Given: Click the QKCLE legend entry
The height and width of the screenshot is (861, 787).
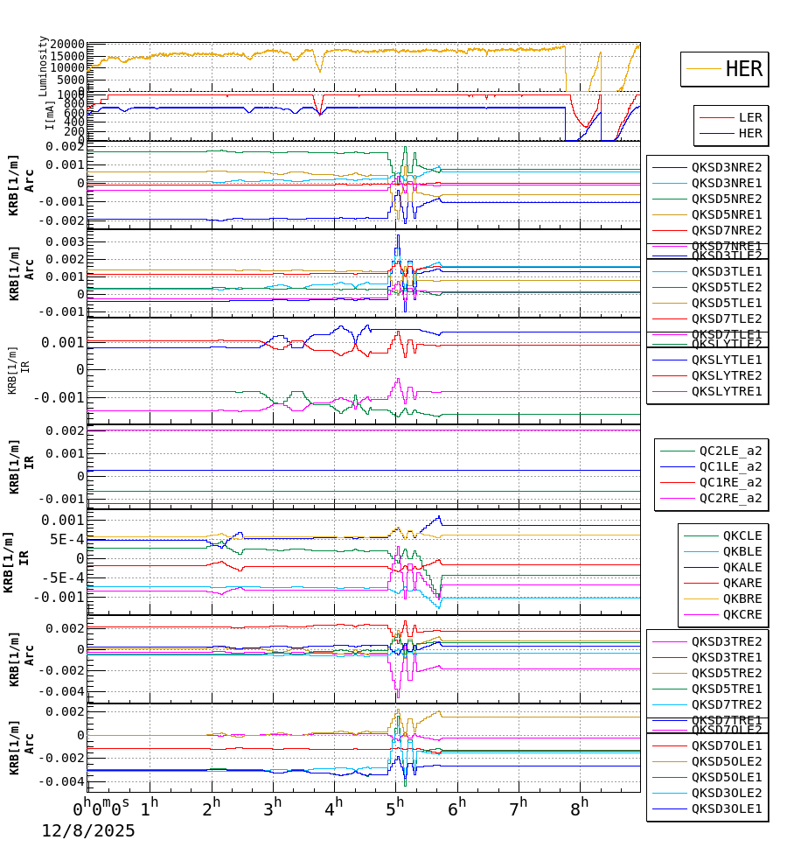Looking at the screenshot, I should pos(742,535).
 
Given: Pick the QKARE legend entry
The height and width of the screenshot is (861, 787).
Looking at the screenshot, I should pos(742,583).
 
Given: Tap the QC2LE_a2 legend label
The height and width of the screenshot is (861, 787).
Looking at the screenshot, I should pos(729,451).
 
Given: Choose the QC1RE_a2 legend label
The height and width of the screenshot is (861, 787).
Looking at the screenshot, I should pos(729,482).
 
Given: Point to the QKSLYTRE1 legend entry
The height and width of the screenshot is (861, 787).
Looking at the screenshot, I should pos(726,391).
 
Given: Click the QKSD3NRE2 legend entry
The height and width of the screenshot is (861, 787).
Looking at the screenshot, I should pos(726,167).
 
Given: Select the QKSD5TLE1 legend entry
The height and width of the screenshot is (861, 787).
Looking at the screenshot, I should pos(726,303).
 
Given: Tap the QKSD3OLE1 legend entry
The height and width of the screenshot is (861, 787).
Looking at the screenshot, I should pos(726,808).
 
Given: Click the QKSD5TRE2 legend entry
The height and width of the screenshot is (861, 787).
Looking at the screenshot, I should pos(726,673).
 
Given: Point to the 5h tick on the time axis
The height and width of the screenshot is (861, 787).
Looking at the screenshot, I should pos(399,802).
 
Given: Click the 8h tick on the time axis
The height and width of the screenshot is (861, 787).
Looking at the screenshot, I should pos(579,802).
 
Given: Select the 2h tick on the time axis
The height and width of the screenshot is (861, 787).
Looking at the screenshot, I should pos(211,802).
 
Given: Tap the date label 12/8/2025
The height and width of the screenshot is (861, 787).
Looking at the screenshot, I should pos(88,831).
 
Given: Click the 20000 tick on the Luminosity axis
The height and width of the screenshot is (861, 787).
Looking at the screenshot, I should pos(66,45).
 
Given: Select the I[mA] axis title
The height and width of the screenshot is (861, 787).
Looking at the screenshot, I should pos(50,115).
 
